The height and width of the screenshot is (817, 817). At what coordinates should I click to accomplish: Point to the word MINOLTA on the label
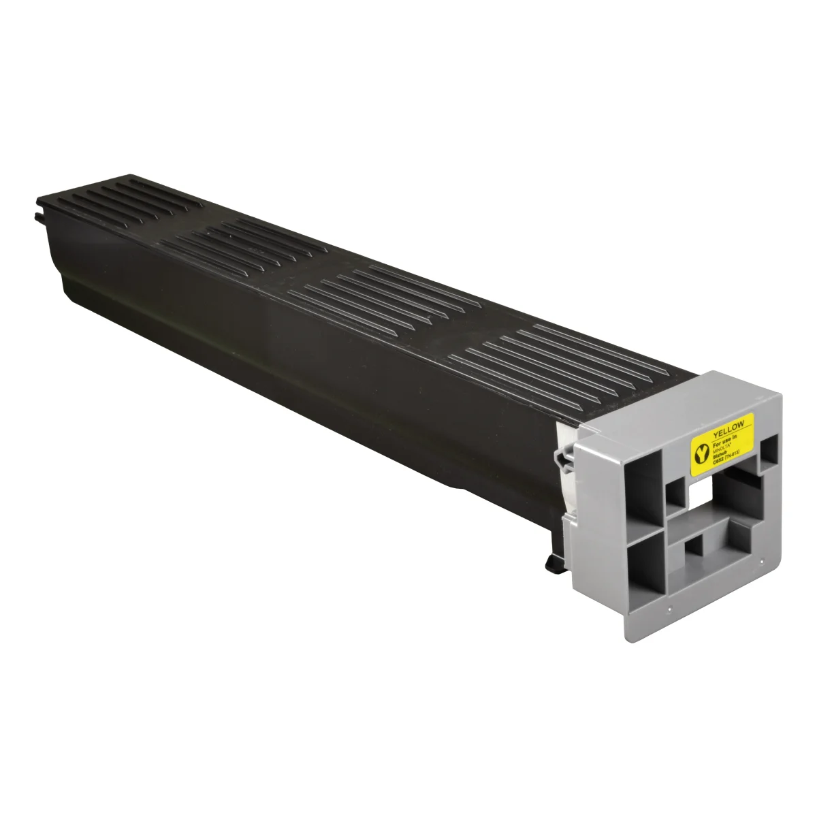pos(721,447)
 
